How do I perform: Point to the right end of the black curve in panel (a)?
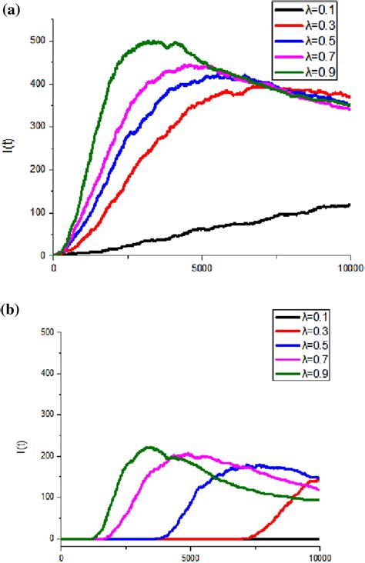[350, 205]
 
